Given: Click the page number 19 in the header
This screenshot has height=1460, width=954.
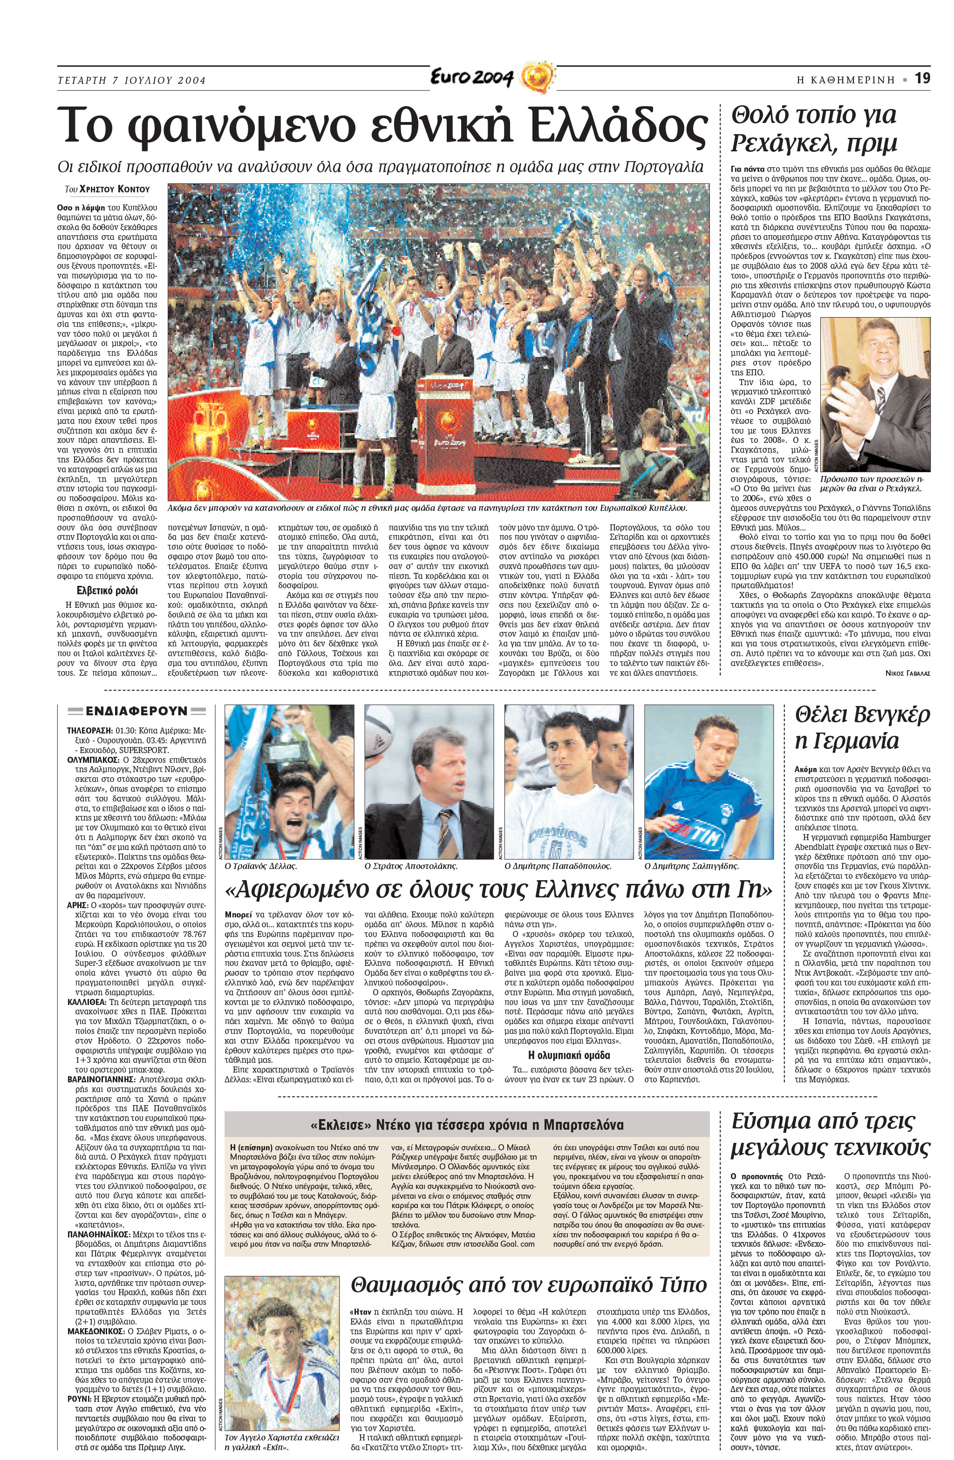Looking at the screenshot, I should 922,79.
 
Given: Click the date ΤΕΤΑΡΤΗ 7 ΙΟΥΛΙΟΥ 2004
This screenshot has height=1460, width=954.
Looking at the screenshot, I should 131,81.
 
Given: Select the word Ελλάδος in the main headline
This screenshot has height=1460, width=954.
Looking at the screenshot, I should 617,125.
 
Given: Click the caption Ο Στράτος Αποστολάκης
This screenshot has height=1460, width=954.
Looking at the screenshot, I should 410,867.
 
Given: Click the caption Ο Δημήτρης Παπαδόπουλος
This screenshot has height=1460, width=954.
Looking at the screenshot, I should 558,867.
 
